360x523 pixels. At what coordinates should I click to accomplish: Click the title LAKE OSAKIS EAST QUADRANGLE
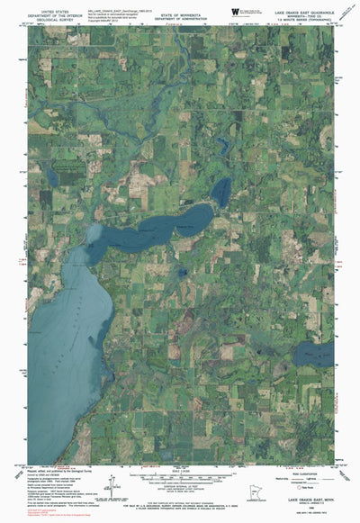(x=301, y=12)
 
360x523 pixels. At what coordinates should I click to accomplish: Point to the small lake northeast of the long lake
(x=220, y=188)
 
